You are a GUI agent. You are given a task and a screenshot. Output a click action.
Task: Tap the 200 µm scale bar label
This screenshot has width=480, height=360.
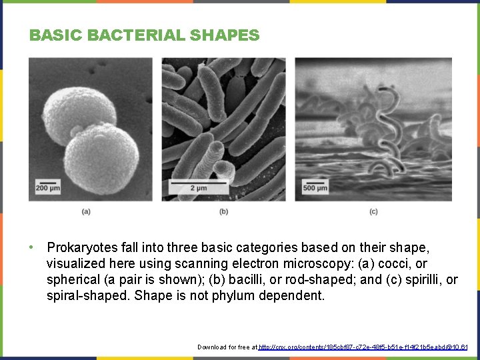(x=47, y=189)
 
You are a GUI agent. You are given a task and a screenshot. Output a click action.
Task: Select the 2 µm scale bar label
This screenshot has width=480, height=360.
(x=198, y=189)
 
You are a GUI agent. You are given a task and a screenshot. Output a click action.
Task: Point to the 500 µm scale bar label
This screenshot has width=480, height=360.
(x=315, y=189)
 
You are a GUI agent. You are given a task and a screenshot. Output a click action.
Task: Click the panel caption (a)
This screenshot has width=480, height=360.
(x=86, y=211)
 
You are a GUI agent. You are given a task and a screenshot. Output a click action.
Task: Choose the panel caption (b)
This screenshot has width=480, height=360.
(x=223, y=211)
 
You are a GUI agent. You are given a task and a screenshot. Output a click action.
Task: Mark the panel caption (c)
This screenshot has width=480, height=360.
(x=373, y=211)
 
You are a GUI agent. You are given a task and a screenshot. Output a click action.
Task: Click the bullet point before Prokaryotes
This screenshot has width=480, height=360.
(x=31, y=247)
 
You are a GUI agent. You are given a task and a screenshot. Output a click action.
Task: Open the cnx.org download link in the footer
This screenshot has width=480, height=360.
(x=363, y=347)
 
